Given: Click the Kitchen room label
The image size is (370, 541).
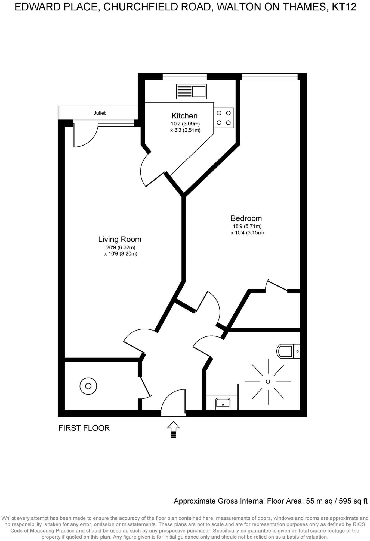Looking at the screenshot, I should click(x=184, y=116).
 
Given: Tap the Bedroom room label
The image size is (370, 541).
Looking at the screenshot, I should click(x=246, y=218).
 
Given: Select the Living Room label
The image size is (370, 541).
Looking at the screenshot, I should click(x=120, y=240).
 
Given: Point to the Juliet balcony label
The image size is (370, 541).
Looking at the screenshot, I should click(x=100, y=113).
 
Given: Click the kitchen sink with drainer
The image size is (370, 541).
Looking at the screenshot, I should click(x=191, y=91).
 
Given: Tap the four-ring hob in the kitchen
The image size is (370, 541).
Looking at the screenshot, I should click(x=224, y=118).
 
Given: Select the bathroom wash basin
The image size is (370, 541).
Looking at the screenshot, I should click(x=223, y=403).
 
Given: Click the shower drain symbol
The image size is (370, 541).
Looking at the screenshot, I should click(x=268, y=382).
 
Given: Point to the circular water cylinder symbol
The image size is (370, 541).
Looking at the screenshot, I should click(x=88, y=386).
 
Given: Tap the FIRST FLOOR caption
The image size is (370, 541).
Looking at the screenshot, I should click(x=84, y=428).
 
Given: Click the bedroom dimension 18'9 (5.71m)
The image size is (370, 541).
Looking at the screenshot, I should click(x=247, y=226).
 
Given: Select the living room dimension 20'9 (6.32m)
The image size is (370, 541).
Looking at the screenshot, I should click(x=121, y=247).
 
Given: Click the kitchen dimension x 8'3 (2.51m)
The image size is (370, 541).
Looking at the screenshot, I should click(x=185, y=130).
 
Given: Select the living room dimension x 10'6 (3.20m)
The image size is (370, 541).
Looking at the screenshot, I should click(x=121, y=254).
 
